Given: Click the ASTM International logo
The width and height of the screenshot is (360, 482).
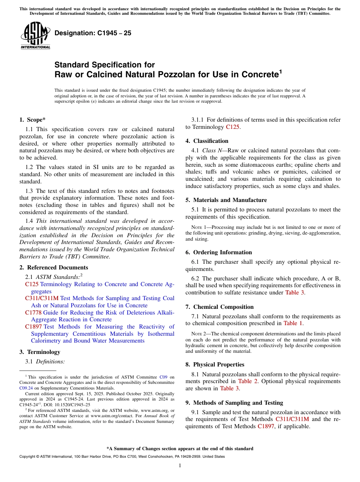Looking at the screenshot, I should [x=35, y=36].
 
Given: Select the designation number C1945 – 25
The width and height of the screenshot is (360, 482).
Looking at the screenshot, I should [x=93, y=33].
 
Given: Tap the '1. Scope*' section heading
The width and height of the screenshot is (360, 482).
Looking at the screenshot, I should [x=32, y=120].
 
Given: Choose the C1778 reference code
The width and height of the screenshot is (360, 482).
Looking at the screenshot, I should [x=33, y=313].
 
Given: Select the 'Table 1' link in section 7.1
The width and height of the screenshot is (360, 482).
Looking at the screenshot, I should [x=293, y=323].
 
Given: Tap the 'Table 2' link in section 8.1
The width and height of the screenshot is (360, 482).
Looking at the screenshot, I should [x=247, y=381].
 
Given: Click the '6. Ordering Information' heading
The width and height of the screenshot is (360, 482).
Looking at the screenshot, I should [x=219, y=252].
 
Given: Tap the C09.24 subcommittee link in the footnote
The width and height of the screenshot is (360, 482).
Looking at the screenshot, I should [x=26, y=388].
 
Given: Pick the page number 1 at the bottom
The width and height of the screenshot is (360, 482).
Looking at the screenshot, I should [x=180, y=465].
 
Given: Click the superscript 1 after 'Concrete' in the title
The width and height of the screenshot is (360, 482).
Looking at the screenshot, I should [x=280, y=71].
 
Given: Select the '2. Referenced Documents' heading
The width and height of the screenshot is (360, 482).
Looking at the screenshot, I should [x=53, y=268].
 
